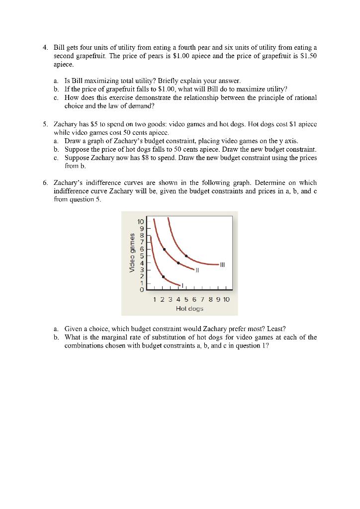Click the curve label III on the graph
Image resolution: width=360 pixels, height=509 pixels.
pyautogui.click(x=222, y=264)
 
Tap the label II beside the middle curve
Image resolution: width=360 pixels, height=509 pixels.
pyautogui.click(x=197, y=270)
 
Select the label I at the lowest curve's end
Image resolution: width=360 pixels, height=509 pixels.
pyautogui.click(x=182, y=285)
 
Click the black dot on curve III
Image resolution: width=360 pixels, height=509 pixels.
pyautogui.click(x=186, y=256)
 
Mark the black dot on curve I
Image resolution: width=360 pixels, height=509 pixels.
pyautogui.click(x=163, y=276)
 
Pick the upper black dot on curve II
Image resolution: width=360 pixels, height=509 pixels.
pyautogui.click(x=164, y=249)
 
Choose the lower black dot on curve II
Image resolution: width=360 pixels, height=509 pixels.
pyautogui.click(x=178, y=262)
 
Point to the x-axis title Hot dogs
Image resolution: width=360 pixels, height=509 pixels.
pyautogui.click(x=189, y=309)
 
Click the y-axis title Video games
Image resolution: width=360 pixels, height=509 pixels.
pyautogui.click(x=131, y=253)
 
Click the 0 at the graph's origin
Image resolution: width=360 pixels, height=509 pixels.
pyautogui.click(x=142, y=289)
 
